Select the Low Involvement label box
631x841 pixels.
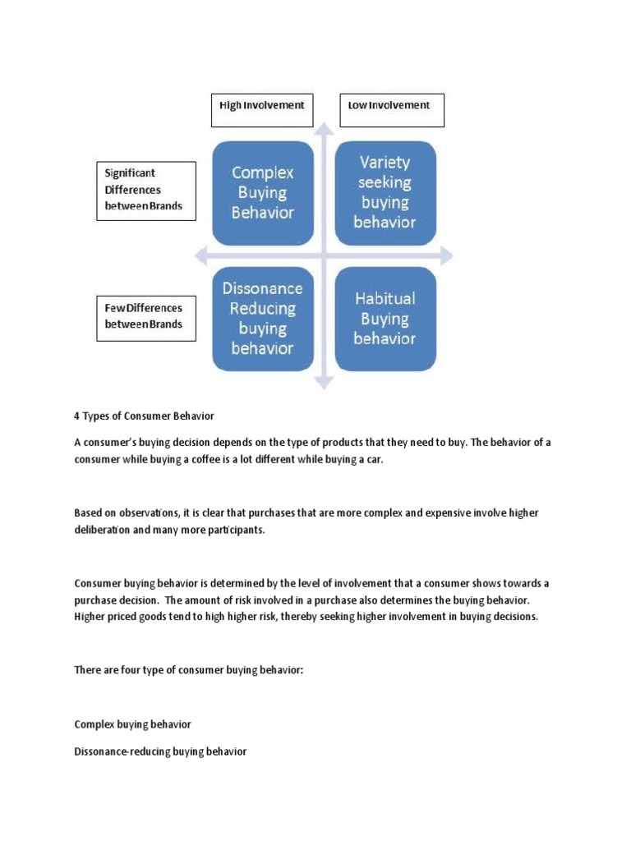point(391,110)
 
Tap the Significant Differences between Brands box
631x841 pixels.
point(145,191)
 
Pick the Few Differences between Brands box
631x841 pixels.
point(145,319)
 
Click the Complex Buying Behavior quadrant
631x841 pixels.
point(263,192)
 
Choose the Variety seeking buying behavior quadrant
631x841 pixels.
point(384,192)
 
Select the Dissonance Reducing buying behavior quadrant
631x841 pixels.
point(263,318)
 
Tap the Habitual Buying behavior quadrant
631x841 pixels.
point(384,318)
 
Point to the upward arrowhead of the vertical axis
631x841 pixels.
point(325,129)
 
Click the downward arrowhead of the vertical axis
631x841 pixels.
point(325,381)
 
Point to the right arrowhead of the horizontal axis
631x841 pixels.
point(446,257)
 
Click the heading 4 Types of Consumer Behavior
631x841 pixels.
point(144,415)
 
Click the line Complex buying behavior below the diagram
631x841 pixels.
point(132,724)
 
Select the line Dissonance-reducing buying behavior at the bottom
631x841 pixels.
point(160,751)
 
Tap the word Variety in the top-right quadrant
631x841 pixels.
point(384,163)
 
